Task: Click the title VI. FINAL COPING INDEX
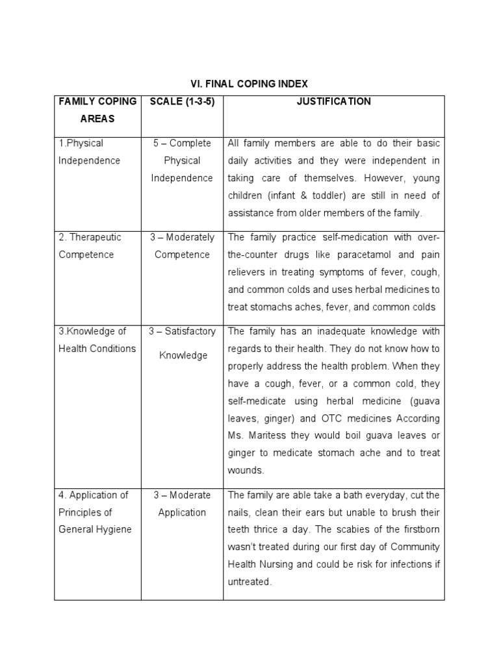[249, 84]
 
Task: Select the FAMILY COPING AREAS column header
[97, 110]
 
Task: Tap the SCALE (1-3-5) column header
[182, 101]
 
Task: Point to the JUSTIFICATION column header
[334, 101]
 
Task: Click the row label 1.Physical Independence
[90, 151]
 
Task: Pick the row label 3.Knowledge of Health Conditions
[97, 340]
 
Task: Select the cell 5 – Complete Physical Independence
[182, 160]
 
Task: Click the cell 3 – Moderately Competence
[182, 245]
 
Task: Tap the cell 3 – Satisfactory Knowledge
[182, 343]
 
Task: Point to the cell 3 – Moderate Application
[182, 503]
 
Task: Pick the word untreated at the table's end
[248, 582]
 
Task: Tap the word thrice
[256, 529]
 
